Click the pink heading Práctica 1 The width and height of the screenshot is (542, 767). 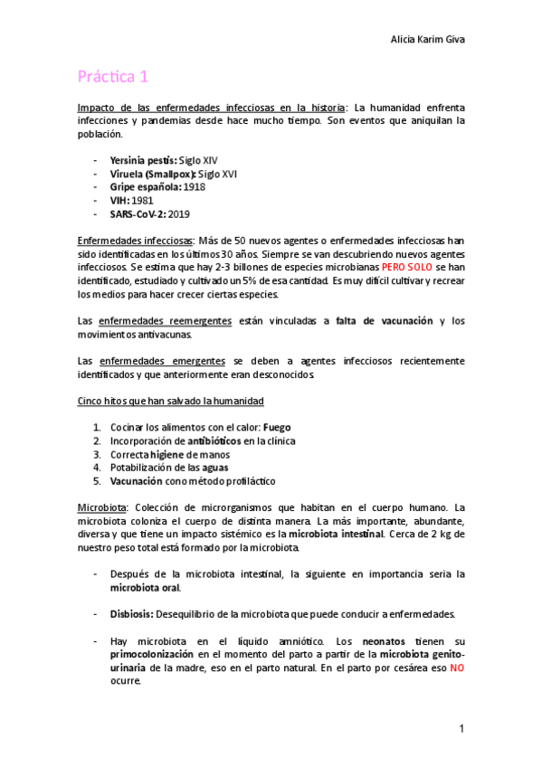click(112, 78)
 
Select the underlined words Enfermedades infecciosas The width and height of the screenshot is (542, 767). click(134, 241)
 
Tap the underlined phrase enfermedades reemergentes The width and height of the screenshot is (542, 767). click(165, 321)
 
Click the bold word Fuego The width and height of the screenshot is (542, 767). click(277, 427)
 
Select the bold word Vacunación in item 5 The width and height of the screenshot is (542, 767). click(135, 481)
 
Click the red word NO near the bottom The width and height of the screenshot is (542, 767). click(457, 667)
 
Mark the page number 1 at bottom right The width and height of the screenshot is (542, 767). click(461, 728)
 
